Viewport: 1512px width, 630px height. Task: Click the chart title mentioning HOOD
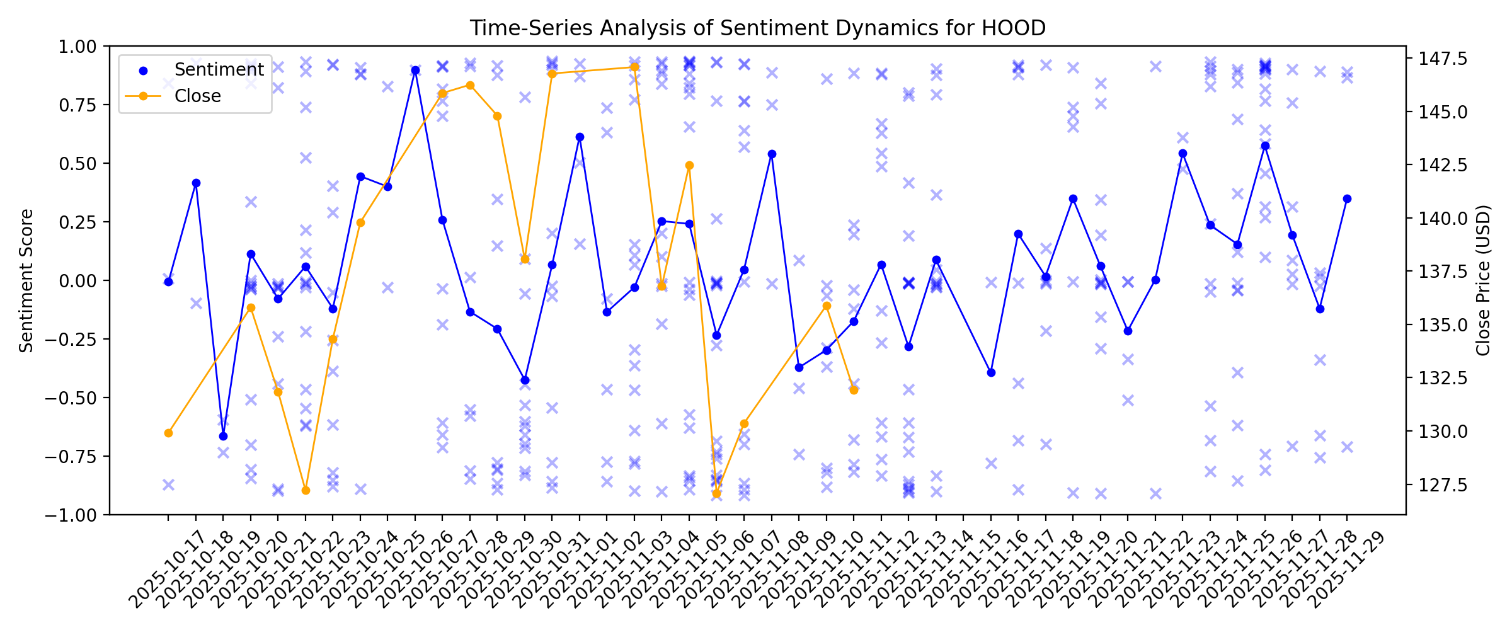click(x=757, y=28)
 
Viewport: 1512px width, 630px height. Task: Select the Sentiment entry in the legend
click(x=219, y=69)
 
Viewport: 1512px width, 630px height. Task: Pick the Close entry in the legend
click(x=197, y=96)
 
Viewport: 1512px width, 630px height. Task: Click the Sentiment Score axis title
click(x=26, y=280)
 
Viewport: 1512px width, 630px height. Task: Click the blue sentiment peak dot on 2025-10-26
click(x=415, y=71)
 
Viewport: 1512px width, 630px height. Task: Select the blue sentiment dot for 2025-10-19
click(x=223, y=436)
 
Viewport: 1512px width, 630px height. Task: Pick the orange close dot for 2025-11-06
click(x=716, y=493)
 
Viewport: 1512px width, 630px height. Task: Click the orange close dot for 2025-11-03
click(x=634, y=67)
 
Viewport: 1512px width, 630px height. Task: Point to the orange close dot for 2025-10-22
click(x=306, y=490)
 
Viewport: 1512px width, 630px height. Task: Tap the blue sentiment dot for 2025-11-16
click(x=991, y=372)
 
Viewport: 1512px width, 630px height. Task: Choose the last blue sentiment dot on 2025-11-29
click(x=1347, y=198)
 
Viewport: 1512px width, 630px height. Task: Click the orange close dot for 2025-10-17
click(x=168, y=433)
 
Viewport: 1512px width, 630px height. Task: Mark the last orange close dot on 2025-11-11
click(x=854, y=390)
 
